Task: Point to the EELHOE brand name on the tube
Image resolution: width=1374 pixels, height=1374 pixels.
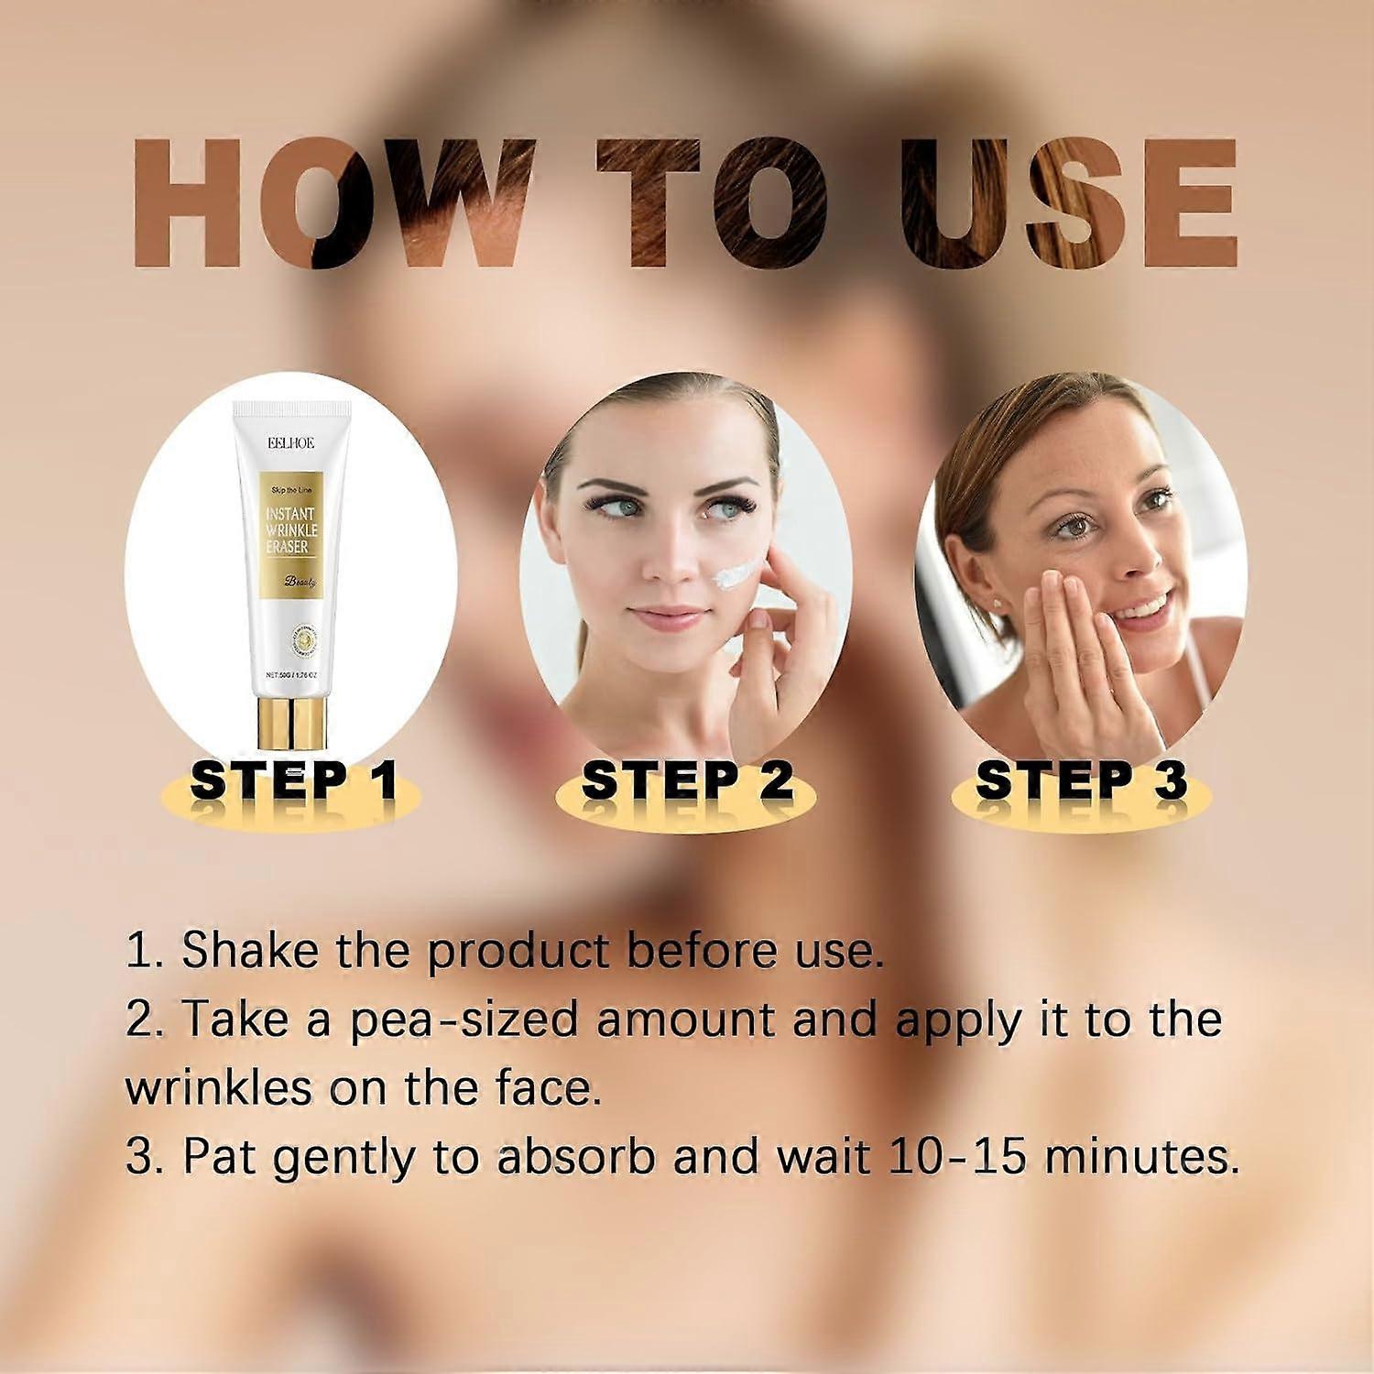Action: pos(290,442)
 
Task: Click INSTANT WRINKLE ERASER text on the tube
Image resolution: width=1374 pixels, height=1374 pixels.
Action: pos(290,530)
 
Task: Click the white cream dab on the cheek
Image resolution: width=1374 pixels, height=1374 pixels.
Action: pos(737,575)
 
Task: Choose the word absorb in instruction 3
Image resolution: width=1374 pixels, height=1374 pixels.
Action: pos(575,1157)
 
